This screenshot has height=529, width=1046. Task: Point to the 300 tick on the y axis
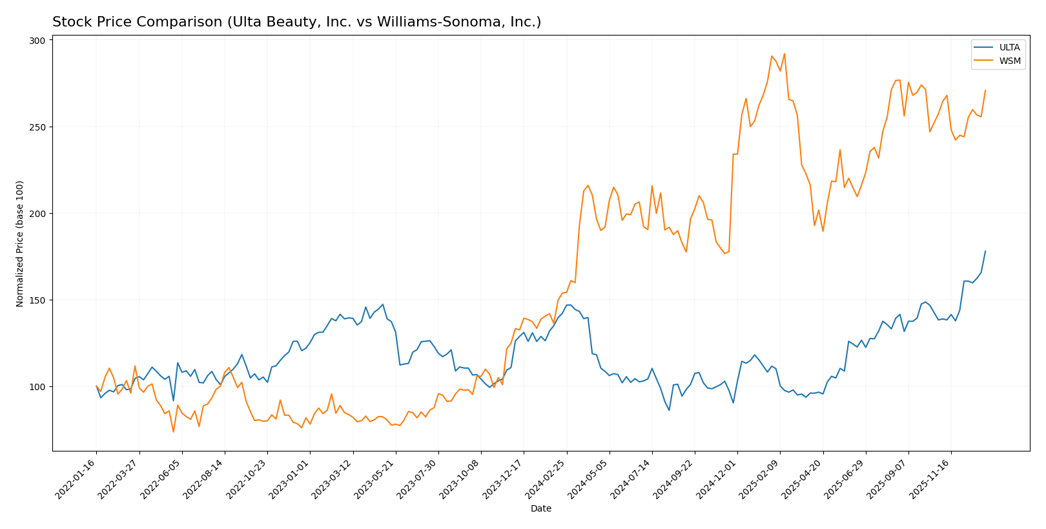tap(37, 41)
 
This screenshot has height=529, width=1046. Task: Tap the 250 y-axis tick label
tap(37, 127)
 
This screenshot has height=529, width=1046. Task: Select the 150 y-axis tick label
tap(37, 300)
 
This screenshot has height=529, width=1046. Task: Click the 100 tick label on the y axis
tap(37, 387)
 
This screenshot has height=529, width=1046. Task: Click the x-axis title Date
tap(541, 509)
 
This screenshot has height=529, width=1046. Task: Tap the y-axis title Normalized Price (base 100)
tap(20, 244)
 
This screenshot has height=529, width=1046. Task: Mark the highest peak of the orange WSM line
tap(784, 54)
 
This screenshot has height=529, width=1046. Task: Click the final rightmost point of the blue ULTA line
tap(985, 251)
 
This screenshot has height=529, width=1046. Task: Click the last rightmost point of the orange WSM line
tap(985, 90)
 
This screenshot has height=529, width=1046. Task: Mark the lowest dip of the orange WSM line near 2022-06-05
tap(173, 431)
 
